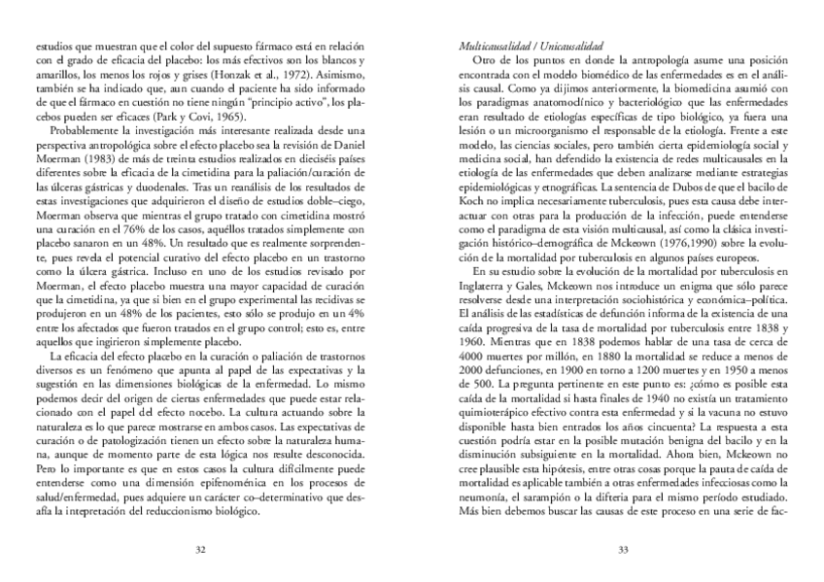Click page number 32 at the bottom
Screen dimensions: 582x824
201,548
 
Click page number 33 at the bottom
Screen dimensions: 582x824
622,548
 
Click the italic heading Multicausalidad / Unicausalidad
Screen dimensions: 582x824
531,46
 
